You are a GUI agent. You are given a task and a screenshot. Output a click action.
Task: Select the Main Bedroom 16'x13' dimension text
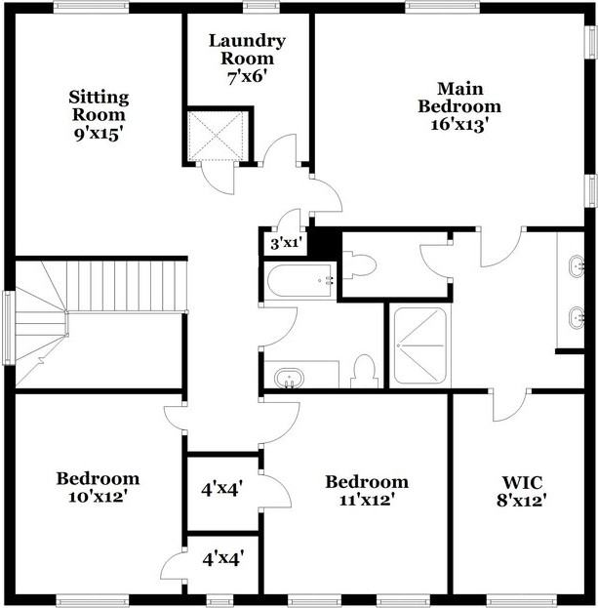[458, 124]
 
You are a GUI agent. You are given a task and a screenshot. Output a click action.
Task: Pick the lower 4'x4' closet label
[222, 559]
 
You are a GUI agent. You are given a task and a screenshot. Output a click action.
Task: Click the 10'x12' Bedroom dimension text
[97, 497]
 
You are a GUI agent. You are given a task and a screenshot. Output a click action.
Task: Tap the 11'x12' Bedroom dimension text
[366, 500]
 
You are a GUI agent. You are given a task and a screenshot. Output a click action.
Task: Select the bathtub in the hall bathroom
[301, 280]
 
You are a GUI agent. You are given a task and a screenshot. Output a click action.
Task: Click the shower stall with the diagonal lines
[419, 345]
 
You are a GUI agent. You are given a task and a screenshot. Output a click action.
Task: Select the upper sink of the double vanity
[576, 263]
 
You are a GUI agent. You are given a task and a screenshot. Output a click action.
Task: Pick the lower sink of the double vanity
[576, 317]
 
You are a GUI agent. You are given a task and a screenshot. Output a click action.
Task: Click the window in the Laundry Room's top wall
[260, 7]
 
